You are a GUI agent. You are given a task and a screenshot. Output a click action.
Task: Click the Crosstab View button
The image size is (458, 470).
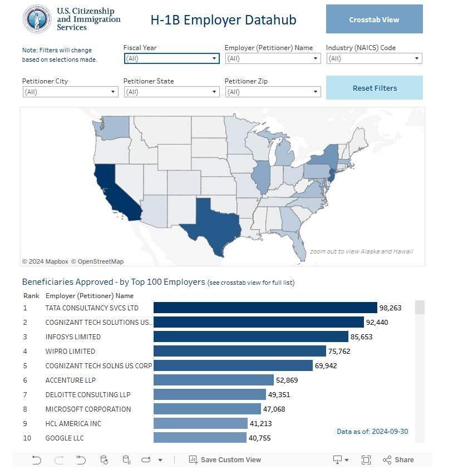tap(374, 19)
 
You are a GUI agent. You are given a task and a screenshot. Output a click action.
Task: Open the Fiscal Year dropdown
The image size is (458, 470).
tap(171, 58)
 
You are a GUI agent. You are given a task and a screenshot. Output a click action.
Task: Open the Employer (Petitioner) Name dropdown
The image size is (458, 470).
tap(273, 58)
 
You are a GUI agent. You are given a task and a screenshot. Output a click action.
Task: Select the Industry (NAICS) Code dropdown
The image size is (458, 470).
tap(374, 58)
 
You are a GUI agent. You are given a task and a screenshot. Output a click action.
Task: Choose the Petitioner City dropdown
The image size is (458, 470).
tap(70, 92)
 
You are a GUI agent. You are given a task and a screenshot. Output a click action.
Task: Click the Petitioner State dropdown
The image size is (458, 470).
tap(171, 92)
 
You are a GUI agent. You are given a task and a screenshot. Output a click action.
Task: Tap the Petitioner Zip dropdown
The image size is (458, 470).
tap(273, 92)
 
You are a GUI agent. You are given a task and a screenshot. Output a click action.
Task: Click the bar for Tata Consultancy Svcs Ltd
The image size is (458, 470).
tap(265, 308)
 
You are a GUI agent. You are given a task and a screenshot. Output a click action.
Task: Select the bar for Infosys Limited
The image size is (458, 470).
tap(250, 337)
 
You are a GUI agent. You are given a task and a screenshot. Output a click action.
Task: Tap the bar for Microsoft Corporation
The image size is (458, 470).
tap(207, 409)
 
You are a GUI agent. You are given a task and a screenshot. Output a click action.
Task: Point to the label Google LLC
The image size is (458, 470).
tap(65, 438)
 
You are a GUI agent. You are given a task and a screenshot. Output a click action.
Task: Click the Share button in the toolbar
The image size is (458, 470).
tap(398, 460)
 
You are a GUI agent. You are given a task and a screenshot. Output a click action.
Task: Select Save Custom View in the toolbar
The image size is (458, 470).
tap(225, 460)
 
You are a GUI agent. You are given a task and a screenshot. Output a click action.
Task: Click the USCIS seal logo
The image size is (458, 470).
tap(37, 19)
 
